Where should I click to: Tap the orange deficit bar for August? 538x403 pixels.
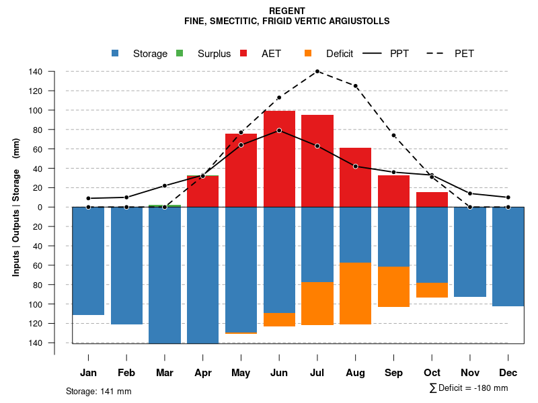(356, 294)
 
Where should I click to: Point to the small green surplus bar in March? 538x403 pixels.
(165, 206)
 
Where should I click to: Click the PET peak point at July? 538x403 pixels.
(317, 71)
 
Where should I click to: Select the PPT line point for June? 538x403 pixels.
(279, 130)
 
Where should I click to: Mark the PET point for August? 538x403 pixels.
(356, 86)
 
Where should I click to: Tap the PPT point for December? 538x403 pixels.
(508, 197)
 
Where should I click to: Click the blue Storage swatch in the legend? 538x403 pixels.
(116, 54)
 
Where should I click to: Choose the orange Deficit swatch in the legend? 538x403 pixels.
(308, 54)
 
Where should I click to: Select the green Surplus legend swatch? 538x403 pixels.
(180, 54)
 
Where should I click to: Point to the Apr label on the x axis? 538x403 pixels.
(203, 373)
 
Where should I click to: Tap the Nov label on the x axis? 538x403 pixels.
(470, 373)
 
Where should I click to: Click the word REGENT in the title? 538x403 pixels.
(286, 11)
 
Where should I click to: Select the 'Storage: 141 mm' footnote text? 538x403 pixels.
(99, 391)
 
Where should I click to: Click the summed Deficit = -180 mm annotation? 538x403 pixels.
(469, 388)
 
